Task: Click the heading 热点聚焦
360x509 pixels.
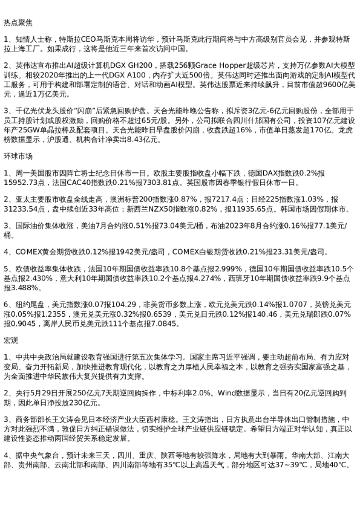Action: pyautogui.click(x=16, y=22)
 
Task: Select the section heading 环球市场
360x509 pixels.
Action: pyautogui.click(x=16, y=155)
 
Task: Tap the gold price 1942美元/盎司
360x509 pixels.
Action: pyautogui.click(x=131, y=251)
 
